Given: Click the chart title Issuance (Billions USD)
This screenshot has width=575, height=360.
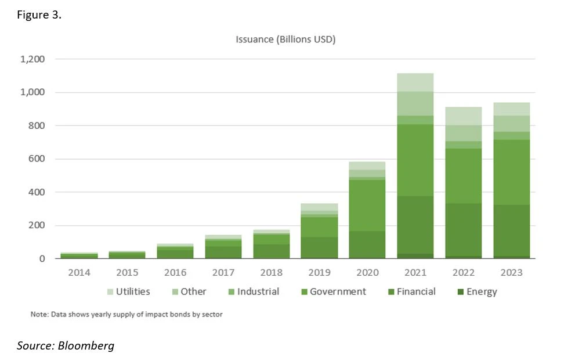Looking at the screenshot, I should [x=285, y=39].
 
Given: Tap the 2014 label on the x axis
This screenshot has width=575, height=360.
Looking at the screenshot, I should [x=79, y=272].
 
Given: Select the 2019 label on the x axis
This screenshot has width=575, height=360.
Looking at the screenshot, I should [x=320, y=272].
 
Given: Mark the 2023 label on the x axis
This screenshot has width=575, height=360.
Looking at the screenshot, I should [x=512, y=272].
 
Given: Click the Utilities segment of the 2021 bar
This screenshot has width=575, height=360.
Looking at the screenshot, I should [x=415, y=82].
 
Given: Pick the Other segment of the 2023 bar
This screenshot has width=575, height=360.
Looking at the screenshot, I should [x=512, y=124].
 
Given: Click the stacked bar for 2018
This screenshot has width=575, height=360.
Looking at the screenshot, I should [x=272, y=244].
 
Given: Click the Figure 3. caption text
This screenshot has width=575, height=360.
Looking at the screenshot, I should [x=38, y=15].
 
